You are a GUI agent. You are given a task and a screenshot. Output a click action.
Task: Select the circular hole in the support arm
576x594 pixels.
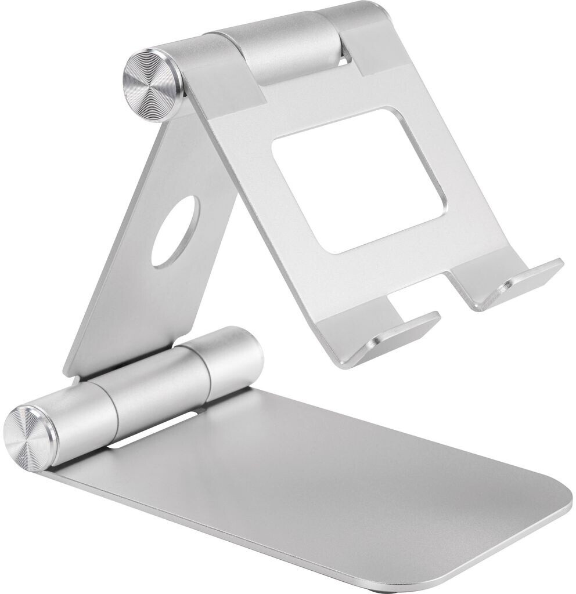click(x=175, y=231)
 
